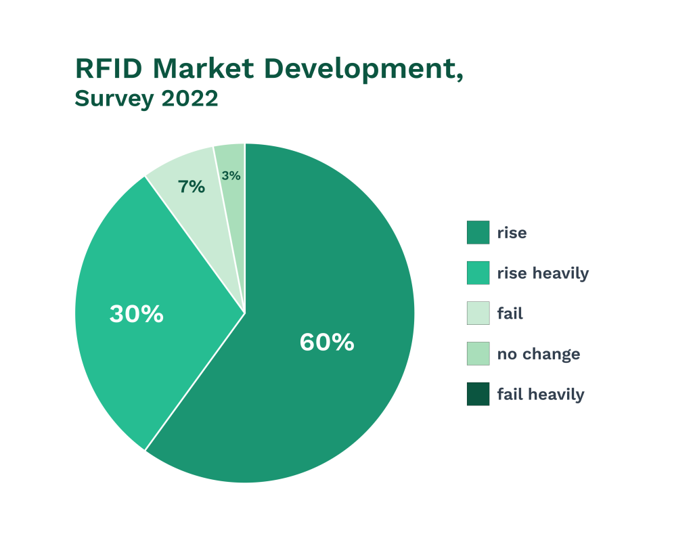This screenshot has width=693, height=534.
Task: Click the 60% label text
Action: point(327,342)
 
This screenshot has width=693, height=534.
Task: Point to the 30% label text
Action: point(137,314)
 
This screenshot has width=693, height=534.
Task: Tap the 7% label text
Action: point(192,187)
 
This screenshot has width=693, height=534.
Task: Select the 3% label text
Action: point(231,176)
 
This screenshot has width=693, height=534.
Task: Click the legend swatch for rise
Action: point(478,232)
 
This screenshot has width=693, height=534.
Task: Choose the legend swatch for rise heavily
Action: point(478,273)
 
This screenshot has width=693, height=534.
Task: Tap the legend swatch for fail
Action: point(478,313)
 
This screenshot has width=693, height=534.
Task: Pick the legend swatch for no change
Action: point(478,353)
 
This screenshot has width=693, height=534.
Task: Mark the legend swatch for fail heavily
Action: point(478,394)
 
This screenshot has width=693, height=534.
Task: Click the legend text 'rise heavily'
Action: point(543,273)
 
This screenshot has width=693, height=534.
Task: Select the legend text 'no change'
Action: point(538,354)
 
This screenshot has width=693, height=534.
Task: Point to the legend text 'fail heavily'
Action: point(540,395)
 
